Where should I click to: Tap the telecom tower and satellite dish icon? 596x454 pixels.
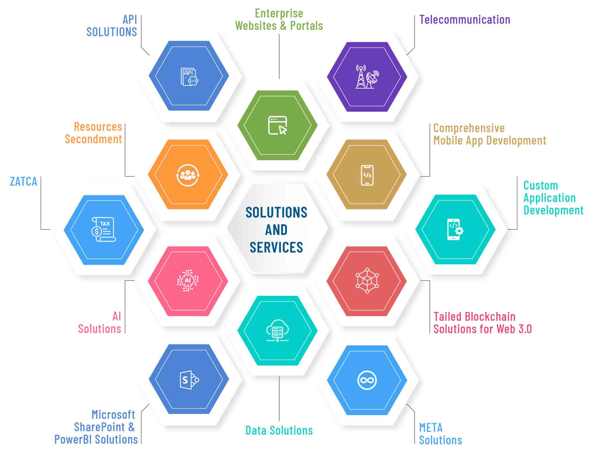(x=367, y=77)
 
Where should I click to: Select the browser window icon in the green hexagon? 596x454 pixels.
(x=277, y=125)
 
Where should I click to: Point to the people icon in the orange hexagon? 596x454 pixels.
(x=188, y=175)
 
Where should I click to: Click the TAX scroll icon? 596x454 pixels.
(x=103, y=230)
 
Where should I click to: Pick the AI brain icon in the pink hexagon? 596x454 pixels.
(x=188, y=281)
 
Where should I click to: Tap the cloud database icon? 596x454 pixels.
(x=277, y=331)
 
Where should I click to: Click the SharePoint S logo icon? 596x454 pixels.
(x=189, y=380)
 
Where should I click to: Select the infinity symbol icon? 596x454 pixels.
(x=367, y=380)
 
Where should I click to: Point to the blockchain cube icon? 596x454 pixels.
(x=367, y=281)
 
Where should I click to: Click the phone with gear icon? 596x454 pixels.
(x=455, y=229)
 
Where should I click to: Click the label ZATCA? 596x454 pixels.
(x=24, y=182)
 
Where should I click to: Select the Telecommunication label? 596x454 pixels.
(x=464, y=20)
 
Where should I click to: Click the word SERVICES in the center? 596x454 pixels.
(x=276, y=247)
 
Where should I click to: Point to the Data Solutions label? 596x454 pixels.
(x=279, y=430)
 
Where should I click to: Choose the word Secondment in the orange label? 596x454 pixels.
(x=93, y=139)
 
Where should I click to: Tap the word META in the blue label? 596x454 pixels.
(x=431, y=428)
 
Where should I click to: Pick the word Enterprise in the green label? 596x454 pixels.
(x=279, y=13)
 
